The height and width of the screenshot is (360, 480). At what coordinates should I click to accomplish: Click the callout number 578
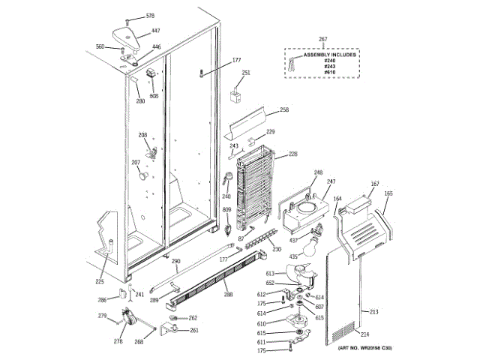pos(150,16)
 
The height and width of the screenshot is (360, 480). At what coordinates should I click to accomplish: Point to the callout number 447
pos(155,31)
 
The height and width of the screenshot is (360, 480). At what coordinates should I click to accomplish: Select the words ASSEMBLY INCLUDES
pos(329,55)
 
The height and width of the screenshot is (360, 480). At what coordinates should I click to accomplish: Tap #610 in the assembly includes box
pos(329,73)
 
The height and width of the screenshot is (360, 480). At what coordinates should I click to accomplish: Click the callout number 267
pos(323,39)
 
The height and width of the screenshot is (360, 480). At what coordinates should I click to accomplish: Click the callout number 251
pos(245,73)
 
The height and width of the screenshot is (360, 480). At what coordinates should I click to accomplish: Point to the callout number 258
pos(283,110)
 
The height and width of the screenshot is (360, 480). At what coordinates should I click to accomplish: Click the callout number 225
pos(99,282)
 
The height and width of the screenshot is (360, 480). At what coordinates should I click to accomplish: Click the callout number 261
pos(193,330)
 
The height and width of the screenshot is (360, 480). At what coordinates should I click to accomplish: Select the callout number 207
pos(136,162)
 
